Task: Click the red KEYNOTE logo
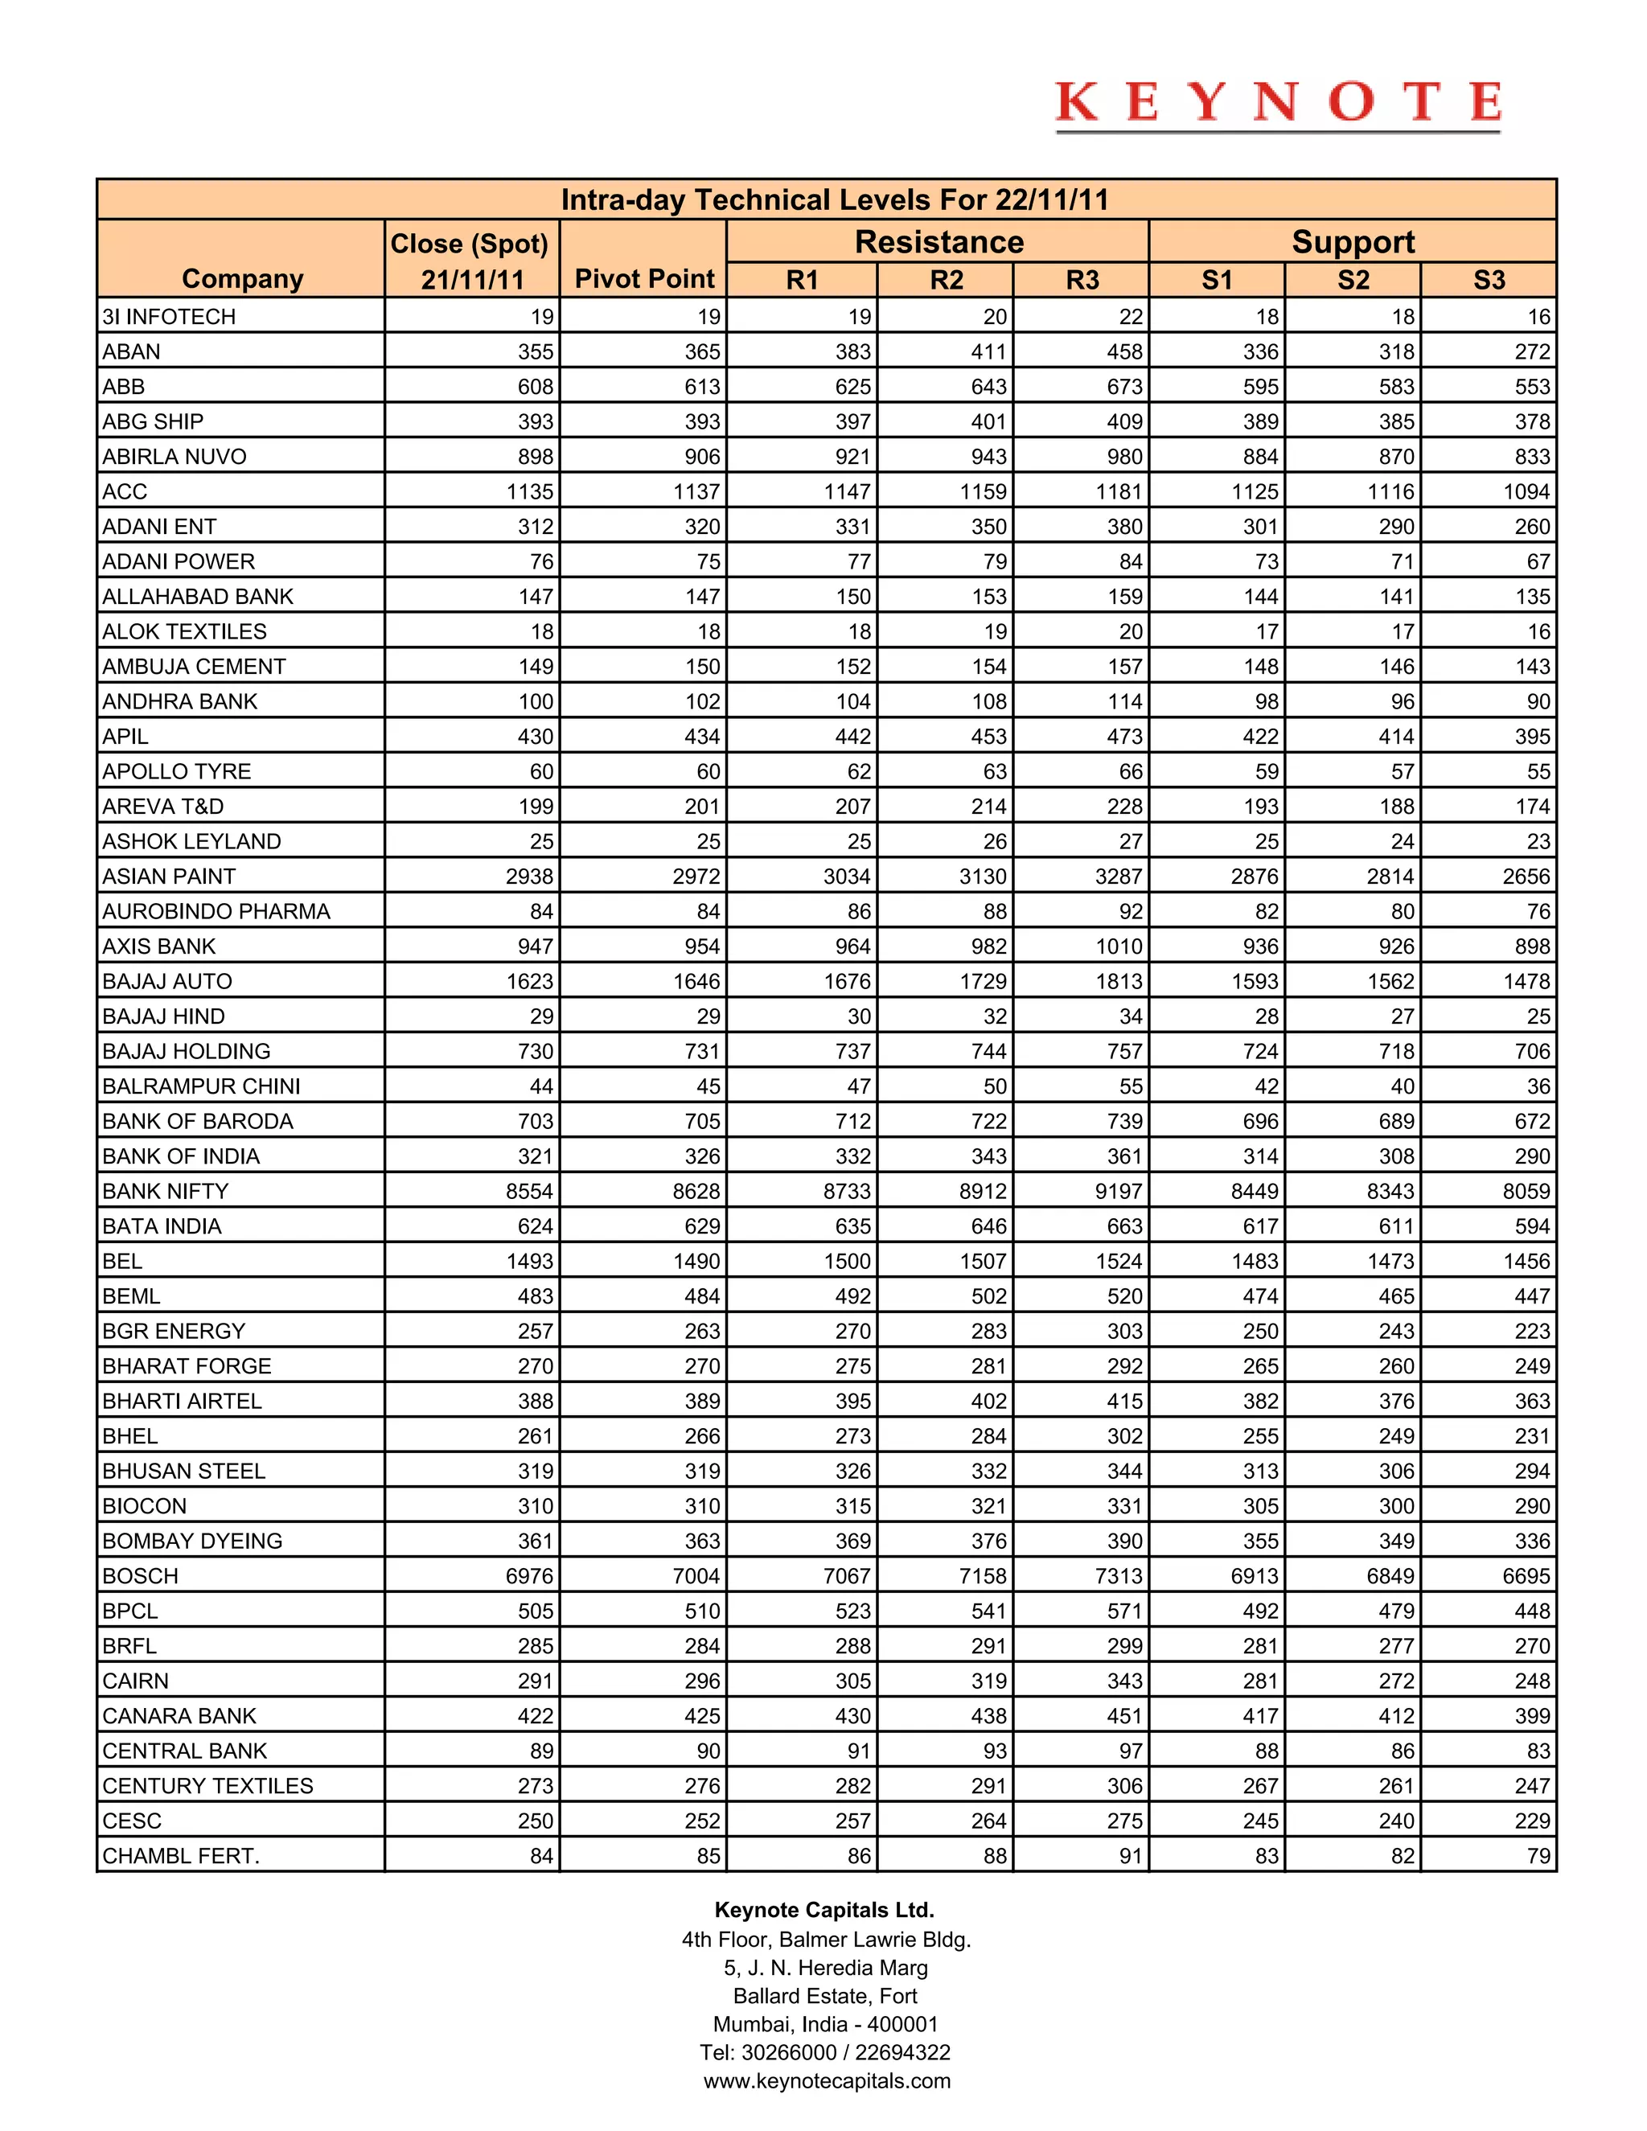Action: click(x=1277, y=104)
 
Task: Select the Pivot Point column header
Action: click(x=644, y=279)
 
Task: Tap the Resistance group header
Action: click(x=939, y=242)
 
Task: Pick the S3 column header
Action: click(x=1488, y=280)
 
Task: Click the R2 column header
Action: click(x=946, y=280)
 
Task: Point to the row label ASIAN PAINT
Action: click(x=169, y=877)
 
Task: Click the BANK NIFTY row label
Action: click(x=165, y=1192)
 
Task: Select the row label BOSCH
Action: click(x=141, y=1576)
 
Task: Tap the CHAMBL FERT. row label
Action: click(x=180, y=1856)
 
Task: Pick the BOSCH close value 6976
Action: click(x=529, y=1576)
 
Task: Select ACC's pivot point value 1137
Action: click(x=696, y=492)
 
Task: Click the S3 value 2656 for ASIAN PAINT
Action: click(x=1526, y=877)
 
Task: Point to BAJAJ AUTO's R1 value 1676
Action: click(x=846, y=982)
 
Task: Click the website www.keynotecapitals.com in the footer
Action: click(x=827, y=2080)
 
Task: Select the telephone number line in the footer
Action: click(x=824, y=2052)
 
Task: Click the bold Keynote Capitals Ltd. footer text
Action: click(x=824, y=1910)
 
